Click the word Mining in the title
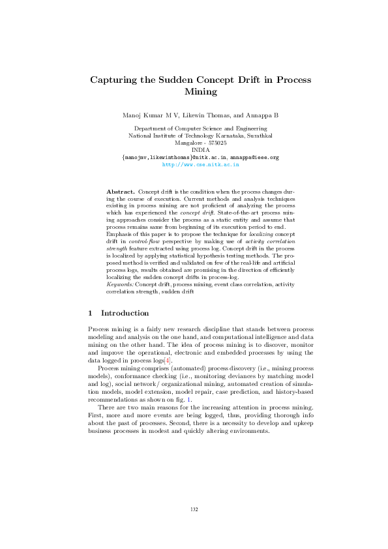tap(200, 93)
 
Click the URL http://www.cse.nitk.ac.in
tap(200, 165)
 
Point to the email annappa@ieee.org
tap(255, 158)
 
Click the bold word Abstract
tap(121, 191)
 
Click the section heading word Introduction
tap(125, 313)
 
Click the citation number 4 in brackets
tap(168, 359)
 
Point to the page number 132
tap(194, 510)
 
